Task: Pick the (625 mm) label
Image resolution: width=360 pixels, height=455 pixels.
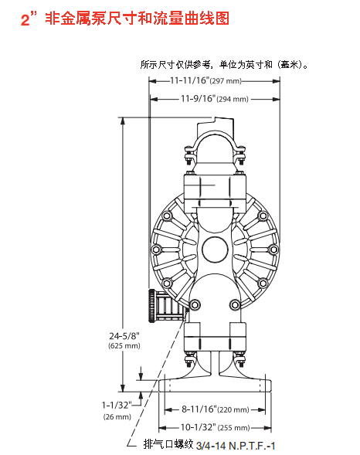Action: [123, 345]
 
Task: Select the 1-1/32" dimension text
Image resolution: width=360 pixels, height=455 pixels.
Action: [116, 404]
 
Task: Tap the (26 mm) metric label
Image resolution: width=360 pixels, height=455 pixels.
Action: [116, 416]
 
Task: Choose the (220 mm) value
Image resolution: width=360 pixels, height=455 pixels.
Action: [233, 409]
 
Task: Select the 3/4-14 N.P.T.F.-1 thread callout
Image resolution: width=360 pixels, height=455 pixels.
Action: [236, 445]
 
